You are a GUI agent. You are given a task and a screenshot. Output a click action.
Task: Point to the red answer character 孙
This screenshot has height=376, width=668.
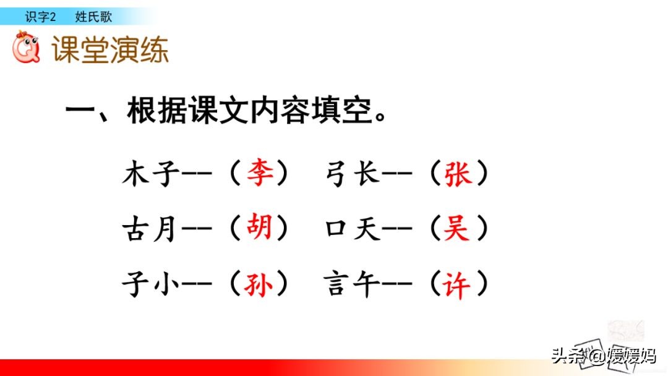259,284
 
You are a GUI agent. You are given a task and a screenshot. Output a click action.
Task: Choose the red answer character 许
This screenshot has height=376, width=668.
458,284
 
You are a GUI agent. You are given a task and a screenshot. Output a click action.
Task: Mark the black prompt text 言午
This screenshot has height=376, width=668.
352,284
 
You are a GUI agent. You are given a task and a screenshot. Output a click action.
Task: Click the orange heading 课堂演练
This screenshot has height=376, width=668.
110,50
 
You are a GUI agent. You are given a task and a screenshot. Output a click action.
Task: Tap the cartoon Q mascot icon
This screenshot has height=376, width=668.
27,49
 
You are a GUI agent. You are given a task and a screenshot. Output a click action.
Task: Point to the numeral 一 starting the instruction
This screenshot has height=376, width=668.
79,113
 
